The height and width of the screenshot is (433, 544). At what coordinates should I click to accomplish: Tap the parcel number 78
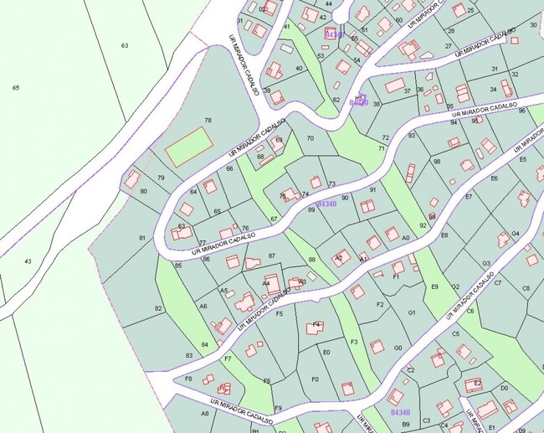tap(208, 121)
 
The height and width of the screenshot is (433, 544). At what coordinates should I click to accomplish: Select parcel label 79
tap(161, 178)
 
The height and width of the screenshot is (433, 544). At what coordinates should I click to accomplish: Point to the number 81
tap(142, 239)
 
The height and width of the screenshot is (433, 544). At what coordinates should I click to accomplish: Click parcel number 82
tap(159, 308)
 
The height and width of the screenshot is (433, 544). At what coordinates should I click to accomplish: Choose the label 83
tap(189, 356)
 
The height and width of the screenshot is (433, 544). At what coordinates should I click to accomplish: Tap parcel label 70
tap(310, 138)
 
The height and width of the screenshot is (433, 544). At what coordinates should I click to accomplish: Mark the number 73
tap(331, 184)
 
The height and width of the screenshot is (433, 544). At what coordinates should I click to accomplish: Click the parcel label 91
tap(373, 190)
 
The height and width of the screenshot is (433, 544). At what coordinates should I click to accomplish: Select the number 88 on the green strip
tap(311, 260)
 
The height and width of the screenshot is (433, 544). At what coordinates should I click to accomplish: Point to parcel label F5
tap(280, 314)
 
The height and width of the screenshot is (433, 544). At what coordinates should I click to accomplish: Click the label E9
tap(434, 287)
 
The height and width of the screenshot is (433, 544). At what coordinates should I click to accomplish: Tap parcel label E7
tap(469, 198)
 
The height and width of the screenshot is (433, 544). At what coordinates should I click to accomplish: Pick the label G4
tap(516, 234)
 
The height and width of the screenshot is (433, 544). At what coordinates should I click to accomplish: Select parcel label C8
tap(526, 288)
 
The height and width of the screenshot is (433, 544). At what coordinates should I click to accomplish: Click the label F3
tap(354, 342)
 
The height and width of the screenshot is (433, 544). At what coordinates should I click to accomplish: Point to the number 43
tap(28, 261)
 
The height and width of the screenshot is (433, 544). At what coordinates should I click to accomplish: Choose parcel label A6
tap(203, 307)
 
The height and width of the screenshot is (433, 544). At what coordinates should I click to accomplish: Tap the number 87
tap(271, 255)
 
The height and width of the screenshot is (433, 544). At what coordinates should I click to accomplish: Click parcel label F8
tap(188, 379)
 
